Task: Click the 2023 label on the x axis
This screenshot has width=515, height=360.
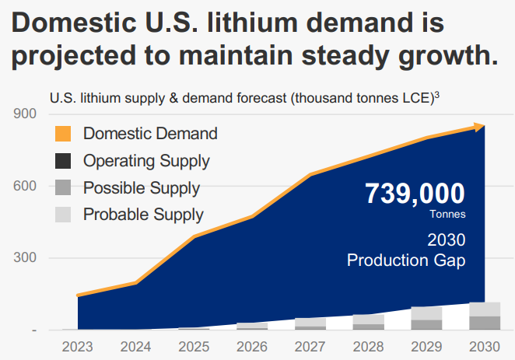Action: click(79, 347)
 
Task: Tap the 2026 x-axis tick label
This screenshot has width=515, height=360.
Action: click(253, 347)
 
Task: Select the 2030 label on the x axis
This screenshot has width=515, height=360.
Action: click(485, 347)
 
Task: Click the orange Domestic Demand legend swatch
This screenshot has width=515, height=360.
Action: click(63, 134)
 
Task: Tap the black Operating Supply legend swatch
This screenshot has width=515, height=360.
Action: click(63, 161)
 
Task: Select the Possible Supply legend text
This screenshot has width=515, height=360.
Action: click(141, 187)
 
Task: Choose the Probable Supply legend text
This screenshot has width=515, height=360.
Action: click(143, 215)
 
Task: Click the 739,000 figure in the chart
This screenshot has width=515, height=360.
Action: click(415, 193)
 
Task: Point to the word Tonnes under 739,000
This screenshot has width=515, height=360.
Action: click(447, 214)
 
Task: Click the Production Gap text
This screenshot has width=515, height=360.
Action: click(406, 260)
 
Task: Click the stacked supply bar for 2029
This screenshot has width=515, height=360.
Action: click(426, 318)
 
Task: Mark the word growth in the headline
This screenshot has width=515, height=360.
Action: click(440, 56)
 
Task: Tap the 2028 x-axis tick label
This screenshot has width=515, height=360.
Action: click(369, 347)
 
